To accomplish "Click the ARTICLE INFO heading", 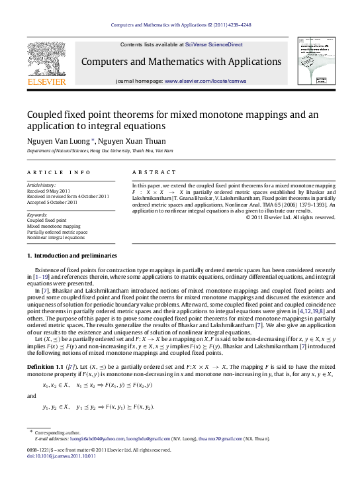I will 59,172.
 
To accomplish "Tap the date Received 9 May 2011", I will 50,191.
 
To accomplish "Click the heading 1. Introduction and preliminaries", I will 72,256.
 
